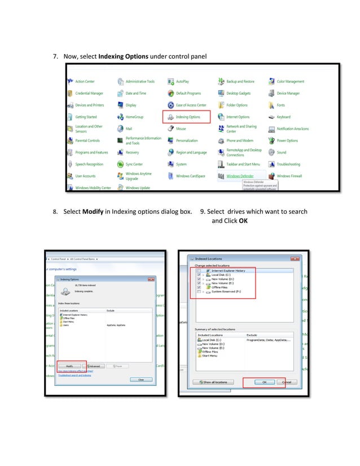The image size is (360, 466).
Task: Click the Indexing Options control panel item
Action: [x=188, y=117]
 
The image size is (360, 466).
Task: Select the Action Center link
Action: [x=85, y=82]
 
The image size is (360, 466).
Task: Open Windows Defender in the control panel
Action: [x=239, y=176]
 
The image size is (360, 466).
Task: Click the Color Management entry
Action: [x=290, y=82]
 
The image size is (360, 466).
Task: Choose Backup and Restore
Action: [x=240, y=82]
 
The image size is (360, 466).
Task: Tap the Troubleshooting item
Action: [x=288, y=164]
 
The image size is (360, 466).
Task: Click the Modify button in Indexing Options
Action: [x=70, y=366]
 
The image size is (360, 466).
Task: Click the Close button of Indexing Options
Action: [x=141, y=380]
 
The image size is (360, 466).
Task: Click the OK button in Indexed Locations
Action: [x=264, y=382]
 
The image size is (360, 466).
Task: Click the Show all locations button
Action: [x=214, y=382]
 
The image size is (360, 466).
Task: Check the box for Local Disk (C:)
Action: [x=199, y=275]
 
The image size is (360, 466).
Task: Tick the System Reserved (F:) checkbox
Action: [x=199, y=292]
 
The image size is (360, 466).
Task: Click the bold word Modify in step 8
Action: [x=92, y=212]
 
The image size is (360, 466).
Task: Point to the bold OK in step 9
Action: [x=243, y=221]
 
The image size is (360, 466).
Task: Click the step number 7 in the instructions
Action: [x=55, y=57]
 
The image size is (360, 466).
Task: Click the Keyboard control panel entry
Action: [x=283, y=117]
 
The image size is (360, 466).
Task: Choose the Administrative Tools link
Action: [x=139, y=82]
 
